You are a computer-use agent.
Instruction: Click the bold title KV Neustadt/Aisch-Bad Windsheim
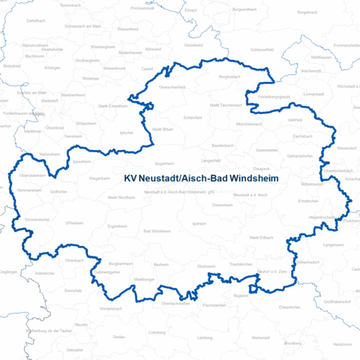(199, 179)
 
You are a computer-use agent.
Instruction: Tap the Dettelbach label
(36, 21)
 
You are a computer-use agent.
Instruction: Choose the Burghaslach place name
(229, 76)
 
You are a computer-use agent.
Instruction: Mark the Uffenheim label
(74, 223)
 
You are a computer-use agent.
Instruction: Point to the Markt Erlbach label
(262, 237)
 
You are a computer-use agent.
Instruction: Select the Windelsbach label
(111, 308)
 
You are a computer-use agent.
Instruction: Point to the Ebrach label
(190, 10)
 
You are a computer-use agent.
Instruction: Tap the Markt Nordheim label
(121, 197)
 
